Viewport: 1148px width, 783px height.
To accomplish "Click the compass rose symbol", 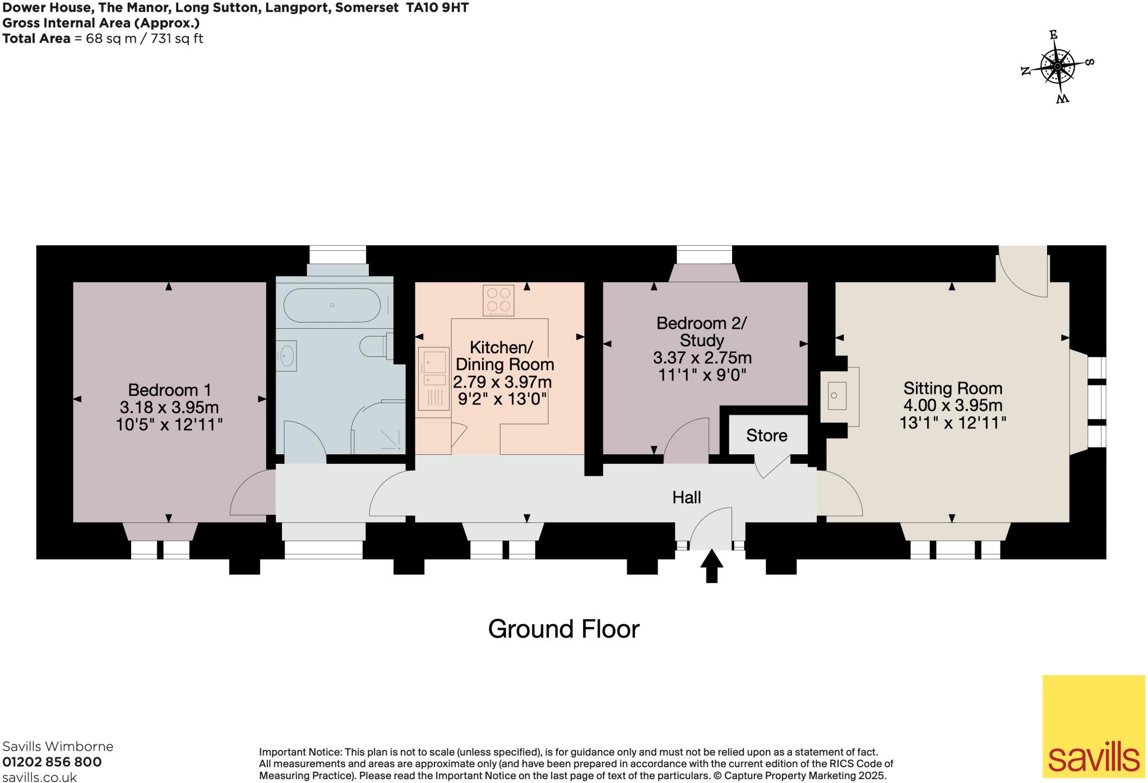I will (x=1057, y=67).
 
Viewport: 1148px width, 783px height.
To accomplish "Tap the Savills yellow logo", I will (x=1093, y=726).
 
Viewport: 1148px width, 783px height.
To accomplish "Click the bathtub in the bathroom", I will (x=332, y=305).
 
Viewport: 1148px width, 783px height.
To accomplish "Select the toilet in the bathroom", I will (x=374, y=346).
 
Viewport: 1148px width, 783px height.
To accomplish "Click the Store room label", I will (x=766, y=436).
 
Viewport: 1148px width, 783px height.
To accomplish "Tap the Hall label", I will (x=687, y=498).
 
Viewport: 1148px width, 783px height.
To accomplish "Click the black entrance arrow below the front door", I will (x=711, y=566).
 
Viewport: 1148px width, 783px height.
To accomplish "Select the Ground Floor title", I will (x=563, y=629).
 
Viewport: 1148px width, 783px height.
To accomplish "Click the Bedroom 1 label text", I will (x=170, y=390).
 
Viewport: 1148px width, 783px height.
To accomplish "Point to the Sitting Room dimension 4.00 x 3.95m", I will (x=953, y=406).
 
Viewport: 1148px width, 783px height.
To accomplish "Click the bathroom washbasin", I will (x=287, y=356).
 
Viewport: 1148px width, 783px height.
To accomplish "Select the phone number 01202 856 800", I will (x=52, y=762).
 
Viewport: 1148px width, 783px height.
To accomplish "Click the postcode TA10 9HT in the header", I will (x=437, y=7).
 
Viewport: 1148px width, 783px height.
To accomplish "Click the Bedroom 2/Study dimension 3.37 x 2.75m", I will (x=702, y=358).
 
